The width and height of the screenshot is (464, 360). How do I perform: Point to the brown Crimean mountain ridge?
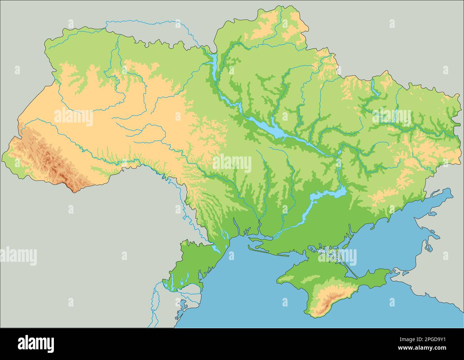(328, 302)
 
